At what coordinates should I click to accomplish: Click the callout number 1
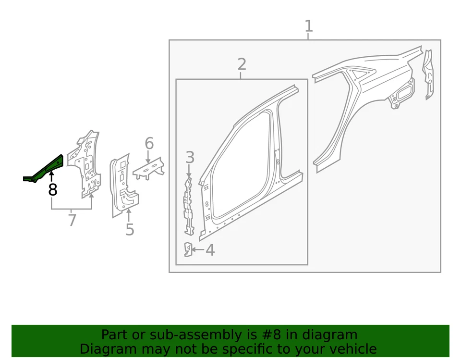(309, 26)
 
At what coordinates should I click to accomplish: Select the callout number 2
(242, 64)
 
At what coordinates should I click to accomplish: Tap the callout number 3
(190, 157)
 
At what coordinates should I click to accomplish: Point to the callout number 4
(210, 250)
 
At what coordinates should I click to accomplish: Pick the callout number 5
(130, 230)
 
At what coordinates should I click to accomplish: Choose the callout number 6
(149, 143)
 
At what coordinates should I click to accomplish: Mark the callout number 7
(72, 220)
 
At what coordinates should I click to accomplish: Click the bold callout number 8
(52, 190)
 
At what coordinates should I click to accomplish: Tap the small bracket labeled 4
(188, 249)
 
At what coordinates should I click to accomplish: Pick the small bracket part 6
(149, 169)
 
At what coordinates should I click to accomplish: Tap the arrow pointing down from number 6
(148, 157)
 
